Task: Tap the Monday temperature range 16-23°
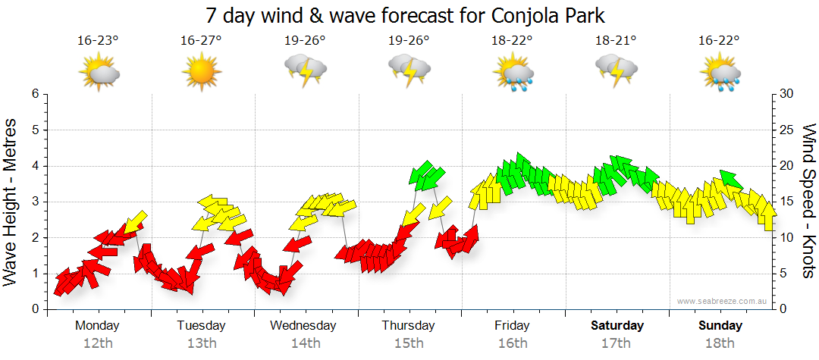click(98, 41)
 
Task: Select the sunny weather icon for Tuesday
click(201, 73)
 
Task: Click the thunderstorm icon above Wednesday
click(305, 73)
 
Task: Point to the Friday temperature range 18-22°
click(513, 41)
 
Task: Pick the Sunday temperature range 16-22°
click(720, 41)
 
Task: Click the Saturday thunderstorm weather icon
click(616, 73)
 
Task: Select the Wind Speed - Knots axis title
click(807, 201)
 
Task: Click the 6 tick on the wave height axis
click(35, 94)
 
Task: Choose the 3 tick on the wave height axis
click(35, 202)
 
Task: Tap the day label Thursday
click(408, 326)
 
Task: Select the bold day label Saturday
click(617, 326)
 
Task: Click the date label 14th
click(305, 343)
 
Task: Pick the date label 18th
click(720, 343)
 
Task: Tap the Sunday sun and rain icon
click(720, 73)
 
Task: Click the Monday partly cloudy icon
click(98, 73)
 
